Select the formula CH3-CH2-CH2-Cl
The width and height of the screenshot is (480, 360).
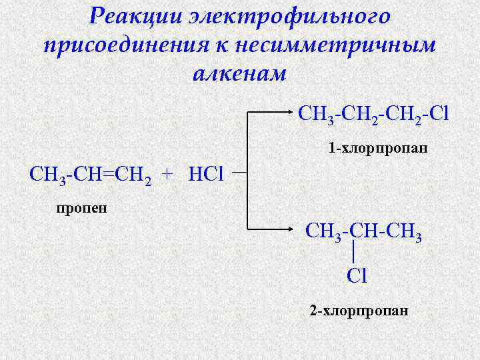tap(374, 114)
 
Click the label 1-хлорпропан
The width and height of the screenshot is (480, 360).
tap(378, 148)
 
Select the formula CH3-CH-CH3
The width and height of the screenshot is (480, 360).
tap(363, 233)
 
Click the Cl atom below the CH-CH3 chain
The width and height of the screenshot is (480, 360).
tap(357, 275)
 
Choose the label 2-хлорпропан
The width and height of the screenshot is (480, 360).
tap(359, 311)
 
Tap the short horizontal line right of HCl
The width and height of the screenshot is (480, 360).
tap(241, 171)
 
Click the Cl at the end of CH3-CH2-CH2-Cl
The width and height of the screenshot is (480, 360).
tap(439, 113)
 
